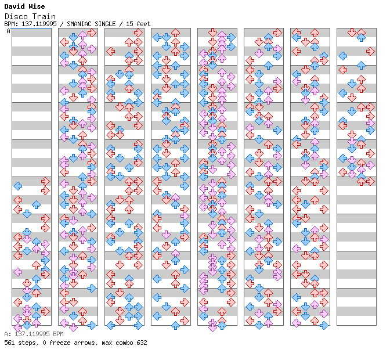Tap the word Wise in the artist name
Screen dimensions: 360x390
click(36, 6)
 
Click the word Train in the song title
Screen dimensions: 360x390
click(45, 16)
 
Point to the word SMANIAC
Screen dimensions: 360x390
click(81, 24)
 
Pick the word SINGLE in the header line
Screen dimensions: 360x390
click(107, 24)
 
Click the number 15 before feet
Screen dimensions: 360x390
click(129, 24)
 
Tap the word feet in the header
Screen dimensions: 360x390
click(143, 24)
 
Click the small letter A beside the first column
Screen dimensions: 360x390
click(8, 31)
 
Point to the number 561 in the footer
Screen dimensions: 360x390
click(9, 343)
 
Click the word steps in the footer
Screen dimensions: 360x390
click(26, 343)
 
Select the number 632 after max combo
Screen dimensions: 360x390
click(142, 343)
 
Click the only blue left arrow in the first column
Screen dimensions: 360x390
click(17, 186)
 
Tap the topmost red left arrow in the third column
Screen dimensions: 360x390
click(110, 51)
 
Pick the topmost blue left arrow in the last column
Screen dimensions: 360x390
click(342, 56)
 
